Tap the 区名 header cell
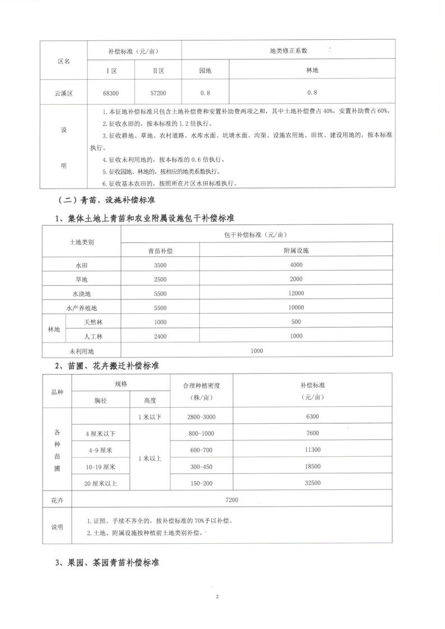click(64, 61)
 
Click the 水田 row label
click(82, 265)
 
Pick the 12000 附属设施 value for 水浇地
click(296, 293)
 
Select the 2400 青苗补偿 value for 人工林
click(160, 336)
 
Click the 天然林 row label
click(94, 322)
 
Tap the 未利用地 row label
click(82, 350)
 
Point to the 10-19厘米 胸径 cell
click(100, 466)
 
